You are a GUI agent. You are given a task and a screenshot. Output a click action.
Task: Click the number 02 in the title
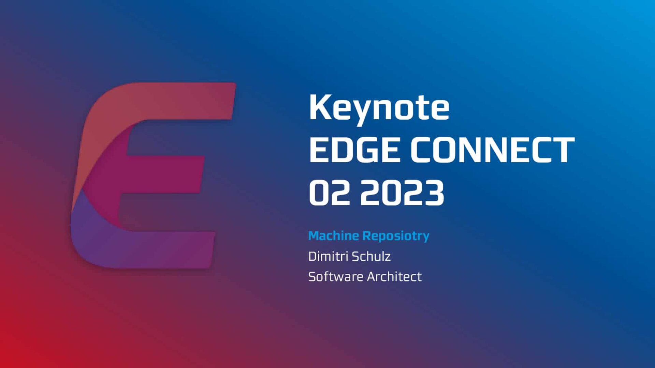(329, 193)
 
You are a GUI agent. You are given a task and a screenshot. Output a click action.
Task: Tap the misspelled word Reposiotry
(396, 236)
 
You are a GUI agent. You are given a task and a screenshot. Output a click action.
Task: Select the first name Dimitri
(327, 256)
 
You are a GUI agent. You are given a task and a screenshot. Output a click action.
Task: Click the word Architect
(394, 277)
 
